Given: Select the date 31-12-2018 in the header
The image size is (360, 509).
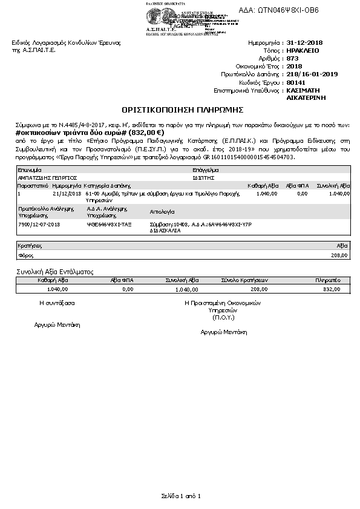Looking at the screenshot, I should (x=305, y=44).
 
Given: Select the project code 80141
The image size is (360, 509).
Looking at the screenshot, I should (x=295, y=82).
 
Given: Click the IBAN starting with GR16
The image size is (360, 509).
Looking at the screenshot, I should (x=252, y=157).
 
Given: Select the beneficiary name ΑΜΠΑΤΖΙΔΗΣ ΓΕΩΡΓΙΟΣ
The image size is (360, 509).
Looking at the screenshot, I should (x=45, y=179).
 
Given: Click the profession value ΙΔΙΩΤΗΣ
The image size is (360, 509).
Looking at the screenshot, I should (x=200, y=179).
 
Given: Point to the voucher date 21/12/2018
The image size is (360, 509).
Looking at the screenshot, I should (x=67, y=194).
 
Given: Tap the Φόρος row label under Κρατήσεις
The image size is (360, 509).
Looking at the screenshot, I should (x=25, y=256).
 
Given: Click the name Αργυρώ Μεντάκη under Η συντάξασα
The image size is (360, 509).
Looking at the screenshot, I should (x=57, y=324).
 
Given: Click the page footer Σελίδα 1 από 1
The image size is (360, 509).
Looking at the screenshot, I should (x=180, y=496).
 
